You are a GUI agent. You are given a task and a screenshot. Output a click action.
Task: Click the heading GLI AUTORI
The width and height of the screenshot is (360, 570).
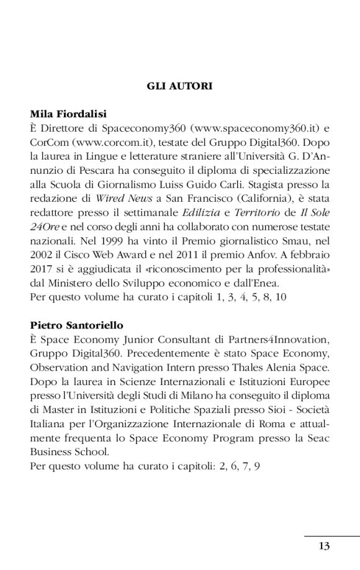pos(179,86)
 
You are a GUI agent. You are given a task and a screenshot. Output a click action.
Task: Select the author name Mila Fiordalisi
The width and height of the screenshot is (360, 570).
pos(68,114)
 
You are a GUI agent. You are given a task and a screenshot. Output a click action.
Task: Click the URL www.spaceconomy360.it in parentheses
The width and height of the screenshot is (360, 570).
pos(256,129)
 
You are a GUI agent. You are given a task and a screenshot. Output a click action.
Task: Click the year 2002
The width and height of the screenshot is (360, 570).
pos(40,254)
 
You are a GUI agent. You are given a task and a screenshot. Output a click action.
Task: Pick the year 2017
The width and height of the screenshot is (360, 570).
pos(40,268)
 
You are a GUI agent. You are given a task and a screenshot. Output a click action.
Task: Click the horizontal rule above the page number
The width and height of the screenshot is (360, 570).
pos(332,535)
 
